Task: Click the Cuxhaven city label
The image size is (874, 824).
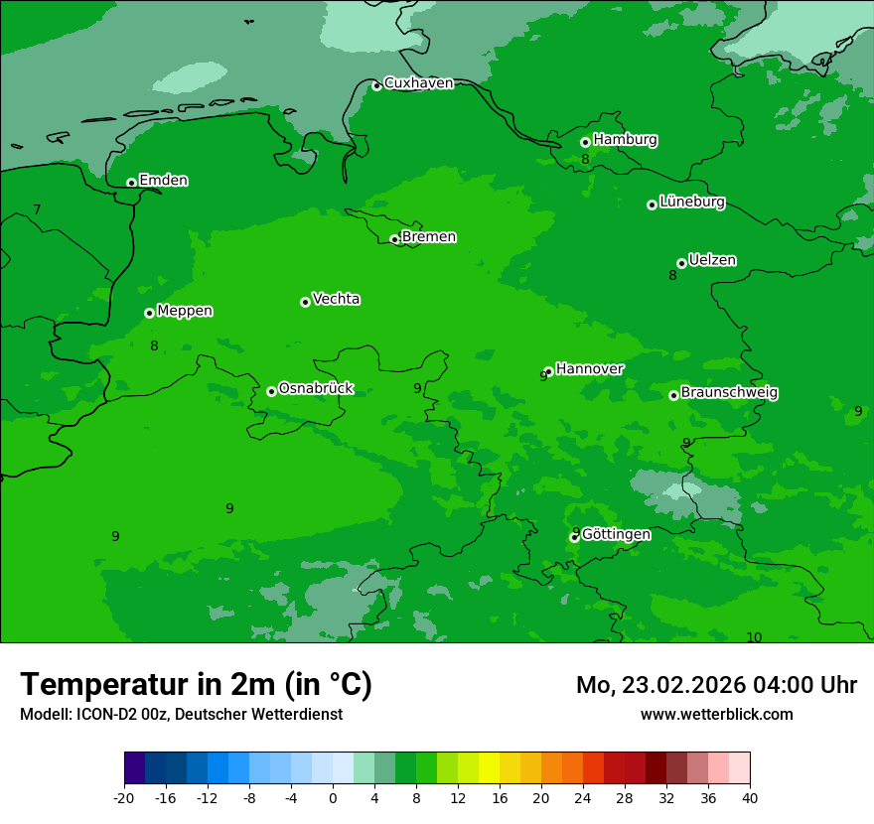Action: (418, 83)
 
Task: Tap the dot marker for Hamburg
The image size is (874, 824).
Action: (585, 142)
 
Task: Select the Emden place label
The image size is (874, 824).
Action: (163, 181)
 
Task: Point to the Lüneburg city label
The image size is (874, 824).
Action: (691, 203)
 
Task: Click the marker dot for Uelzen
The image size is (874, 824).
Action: (681, 263)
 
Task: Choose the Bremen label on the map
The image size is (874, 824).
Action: (428, 237)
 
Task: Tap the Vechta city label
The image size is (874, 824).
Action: (336, 299)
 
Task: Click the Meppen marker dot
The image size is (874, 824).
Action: (149, 313)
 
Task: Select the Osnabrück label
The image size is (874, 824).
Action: (316, 389)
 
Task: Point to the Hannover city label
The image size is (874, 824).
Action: (589, 369)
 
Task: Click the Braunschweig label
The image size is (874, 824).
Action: (729, 393)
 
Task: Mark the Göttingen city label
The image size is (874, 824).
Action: (616, 534)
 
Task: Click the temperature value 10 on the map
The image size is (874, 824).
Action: (754, 637)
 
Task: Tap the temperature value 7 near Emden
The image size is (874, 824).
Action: (37, 209)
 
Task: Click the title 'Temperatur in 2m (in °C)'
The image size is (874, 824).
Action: (196, 684)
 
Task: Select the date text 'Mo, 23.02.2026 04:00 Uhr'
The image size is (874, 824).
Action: (716, 685)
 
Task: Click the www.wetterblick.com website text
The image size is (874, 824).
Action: (716, 714)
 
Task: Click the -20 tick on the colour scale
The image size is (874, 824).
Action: (124, 797)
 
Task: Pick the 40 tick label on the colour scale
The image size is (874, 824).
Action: (750, 797)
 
